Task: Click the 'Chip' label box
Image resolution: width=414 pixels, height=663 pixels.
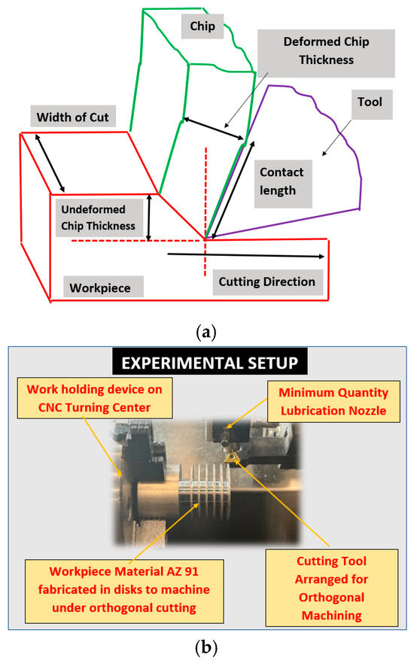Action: click(202, 27)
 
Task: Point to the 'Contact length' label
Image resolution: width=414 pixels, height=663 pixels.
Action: click(282, 181)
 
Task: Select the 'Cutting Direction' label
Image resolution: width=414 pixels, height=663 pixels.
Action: click(266, 282)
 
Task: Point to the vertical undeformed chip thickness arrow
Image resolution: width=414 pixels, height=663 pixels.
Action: click(150, 217)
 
